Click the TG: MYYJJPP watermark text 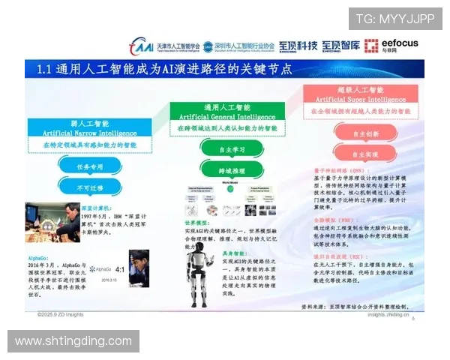pyautogui.click(x=394, y=19)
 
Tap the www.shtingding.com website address pyautogui.click(x=73, y=341)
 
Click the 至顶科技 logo pyautogui.click(x=298, y=46)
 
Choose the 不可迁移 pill pyautogui.click(x=88, y=187)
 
